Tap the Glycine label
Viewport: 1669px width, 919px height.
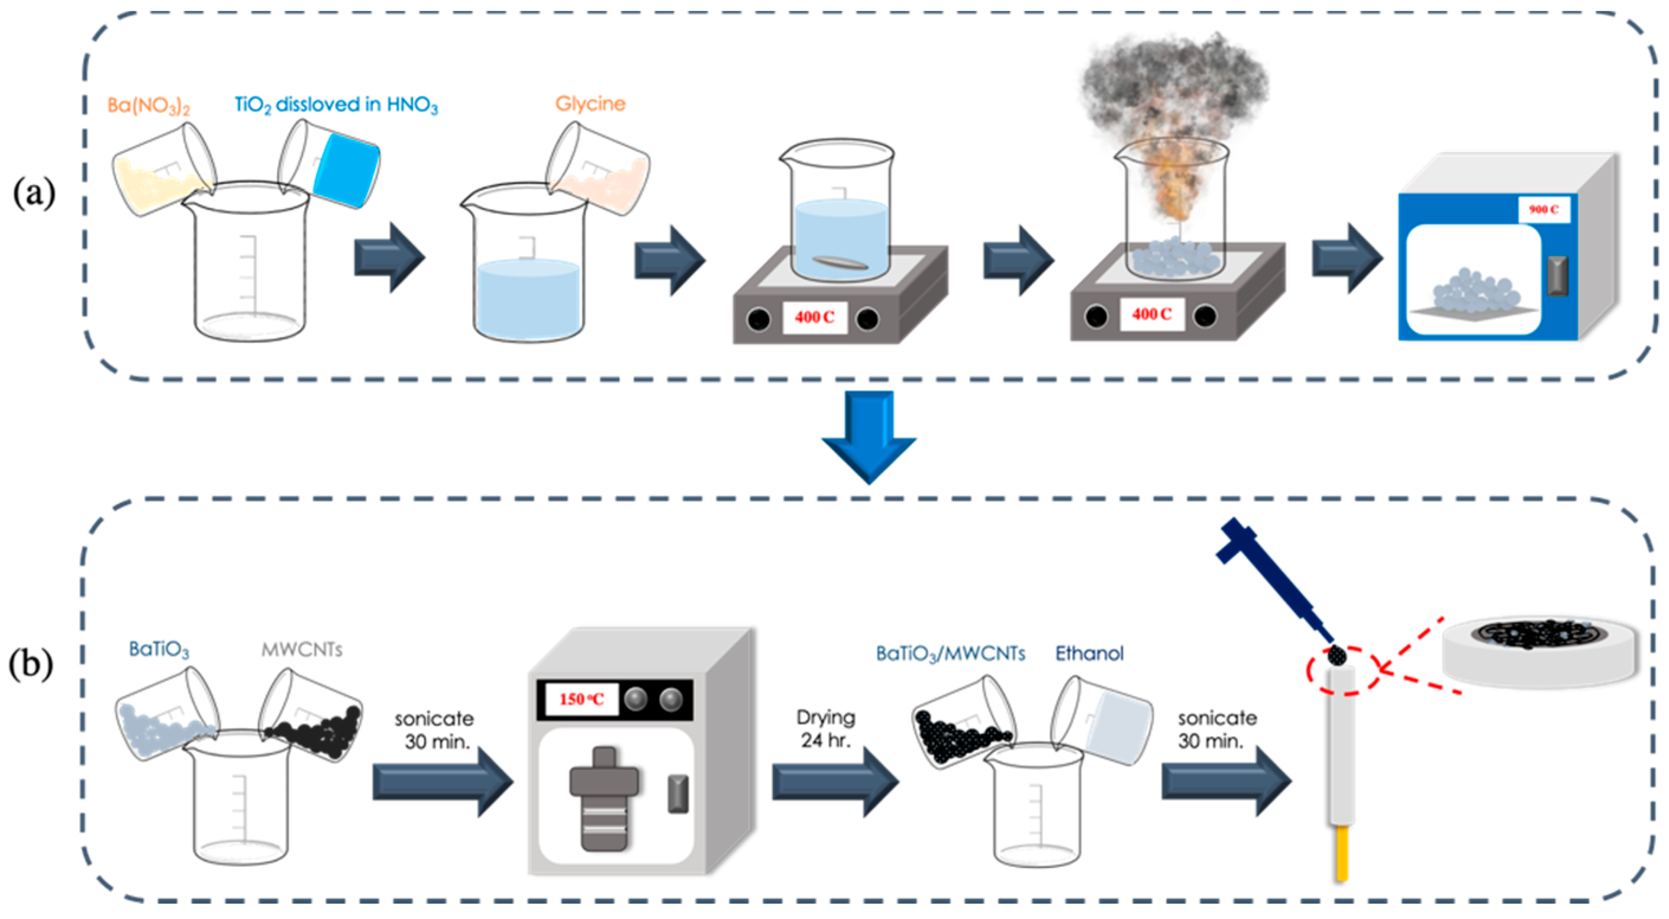[x=590, y=104]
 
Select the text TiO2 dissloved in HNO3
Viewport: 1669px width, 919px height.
[x=335, y=105]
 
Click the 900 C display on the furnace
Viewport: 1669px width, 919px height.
[x=1544, y=209]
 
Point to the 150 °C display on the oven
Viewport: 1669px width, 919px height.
[x=581, y=699]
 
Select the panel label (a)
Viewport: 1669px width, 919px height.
[x=34, y=193]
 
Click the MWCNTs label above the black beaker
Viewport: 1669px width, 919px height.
[x=302, y=649]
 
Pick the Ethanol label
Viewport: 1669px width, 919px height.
[x=1089, y=653]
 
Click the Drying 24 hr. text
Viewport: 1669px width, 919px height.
[x=825, y=728]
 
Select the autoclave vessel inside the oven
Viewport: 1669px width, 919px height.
[x=604, y=798]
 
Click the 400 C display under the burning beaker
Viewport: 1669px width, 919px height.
[x=1151, y=314]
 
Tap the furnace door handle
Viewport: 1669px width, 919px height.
[x=1558, y=275]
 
